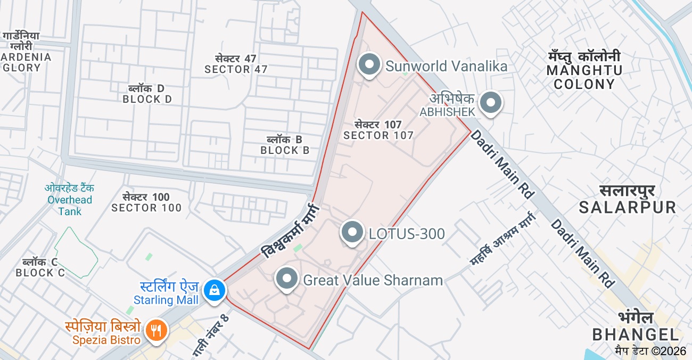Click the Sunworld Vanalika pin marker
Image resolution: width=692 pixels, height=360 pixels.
(x=369, y=65)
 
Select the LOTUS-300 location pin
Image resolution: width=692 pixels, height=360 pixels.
(x=352, y=232)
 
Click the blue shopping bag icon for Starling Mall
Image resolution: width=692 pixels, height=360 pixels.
(x=214, y=290)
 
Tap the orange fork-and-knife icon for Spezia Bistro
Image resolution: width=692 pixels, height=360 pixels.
(x=156, y=331)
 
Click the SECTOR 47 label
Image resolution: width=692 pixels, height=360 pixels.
(x=236, y=64)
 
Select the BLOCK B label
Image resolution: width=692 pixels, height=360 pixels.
(x=285, y=145)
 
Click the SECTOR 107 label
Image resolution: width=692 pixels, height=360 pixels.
(x=378, y=130)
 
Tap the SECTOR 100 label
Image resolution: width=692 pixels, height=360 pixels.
(x=146, y=203)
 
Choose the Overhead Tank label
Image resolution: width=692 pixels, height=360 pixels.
(x=69, y=200)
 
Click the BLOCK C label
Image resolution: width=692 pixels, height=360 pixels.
(x=40, y=268)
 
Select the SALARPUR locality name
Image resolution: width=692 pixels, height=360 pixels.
(x=628, y=200)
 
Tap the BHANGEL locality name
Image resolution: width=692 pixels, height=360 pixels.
(x=636, y=326)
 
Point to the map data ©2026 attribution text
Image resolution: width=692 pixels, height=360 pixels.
(x=650, y=351)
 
